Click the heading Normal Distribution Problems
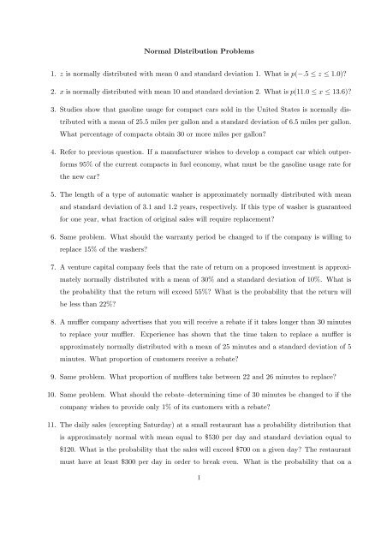193,52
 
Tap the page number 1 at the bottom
193,530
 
